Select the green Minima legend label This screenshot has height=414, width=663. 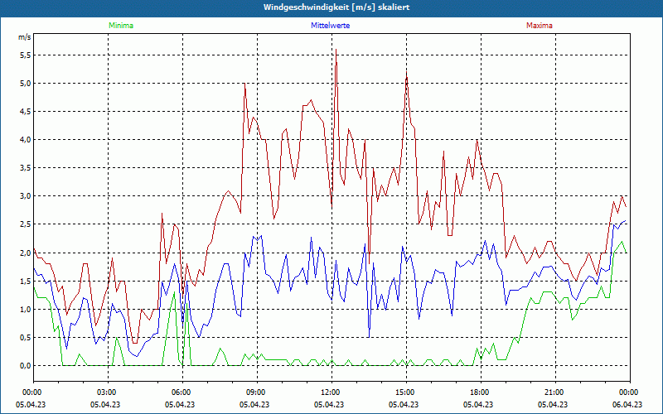point(120,26)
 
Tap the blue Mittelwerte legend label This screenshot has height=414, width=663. point(330,26)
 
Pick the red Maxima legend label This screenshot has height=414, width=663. point(539,26)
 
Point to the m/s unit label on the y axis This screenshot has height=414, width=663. point(24,37)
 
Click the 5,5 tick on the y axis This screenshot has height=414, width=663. point(25,55)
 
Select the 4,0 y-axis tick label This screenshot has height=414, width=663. point(25,140)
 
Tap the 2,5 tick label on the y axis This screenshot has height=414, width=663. point(25,224)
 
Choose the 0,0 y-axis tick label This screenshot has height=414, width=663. point(25,365)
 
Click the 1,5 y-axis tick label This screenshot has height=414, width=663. point(25,281)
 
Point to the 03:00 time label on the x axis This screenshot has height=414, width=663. point(107,392)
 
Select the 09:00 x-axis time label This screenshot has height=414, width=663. point(256,392)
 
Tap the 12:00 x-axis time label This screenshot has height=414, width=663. point(330,392)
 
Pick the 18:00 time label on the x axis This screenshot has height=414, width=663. point(479,392)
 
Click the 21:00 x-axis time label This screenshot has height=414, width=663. point(554,392)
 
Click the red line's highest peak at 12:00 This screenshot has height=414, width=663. point(336,50)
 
